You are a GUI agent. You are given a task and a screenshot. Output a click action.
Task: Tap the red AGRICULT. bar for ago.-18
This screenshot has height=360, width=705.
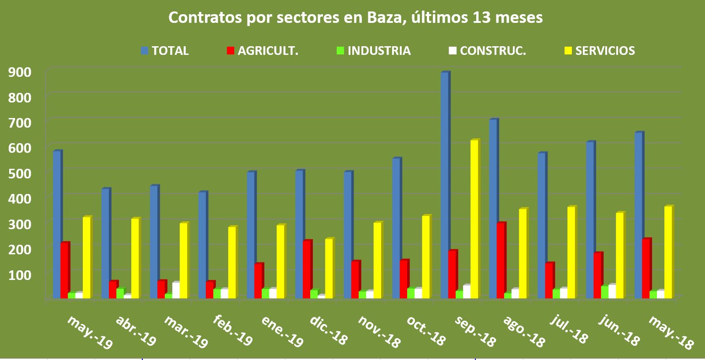pos(501,261)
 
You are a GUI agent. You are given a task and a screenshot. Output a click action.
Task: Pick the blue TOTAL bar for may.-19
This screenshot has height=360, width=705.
pos(57,224)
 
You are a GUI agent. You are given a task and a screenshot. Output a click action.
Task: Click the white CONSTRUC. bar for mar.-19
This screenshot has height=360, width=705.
pos(176,291)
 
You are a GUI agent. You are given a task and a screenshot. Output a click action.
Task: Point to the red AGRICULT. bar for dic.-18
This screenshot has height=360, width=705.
pos(307,269)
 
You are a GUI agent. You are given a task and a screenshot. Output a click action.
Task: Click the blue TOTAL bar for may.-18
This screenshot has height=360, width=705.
pos(639,215)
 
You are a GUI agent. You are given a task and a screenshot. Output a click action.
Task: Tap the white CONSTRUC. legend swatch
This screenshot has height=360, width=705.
pos(452,51)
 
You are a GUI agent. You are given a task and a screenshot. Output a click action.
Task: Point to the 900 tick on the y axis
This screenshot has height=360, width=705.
pos(21,71)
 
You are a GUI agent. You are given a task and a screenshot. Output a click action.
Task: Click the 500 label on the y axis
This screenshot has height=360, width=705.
pos(21,173)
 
